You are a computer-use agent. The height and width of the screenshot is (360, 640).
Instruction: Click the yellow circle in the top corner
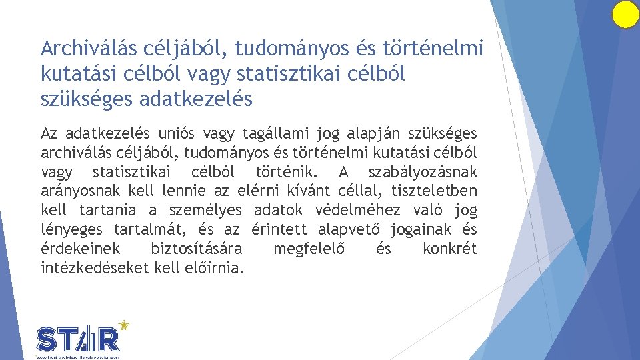(625, 15)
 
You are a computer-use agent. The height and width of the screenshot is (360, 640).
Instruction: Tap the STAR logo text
(79, 339)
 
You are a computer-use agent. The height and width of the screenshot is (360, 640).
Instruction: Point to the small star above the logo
(123, 325)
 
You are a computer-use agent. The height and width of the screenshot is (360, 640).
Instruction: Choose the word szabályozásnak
(423, 172)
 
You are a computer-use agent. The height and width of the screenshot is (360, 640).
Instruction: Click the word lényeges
(72, 230)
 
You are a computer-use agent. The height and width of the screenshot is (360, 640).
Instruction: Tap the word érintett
(279, 230)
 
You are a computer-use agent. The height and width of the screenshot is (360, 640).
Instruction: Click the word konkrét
(449, 249)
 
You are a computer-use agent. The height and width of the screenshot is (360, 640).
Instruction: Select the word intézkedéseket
(95, 269)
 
